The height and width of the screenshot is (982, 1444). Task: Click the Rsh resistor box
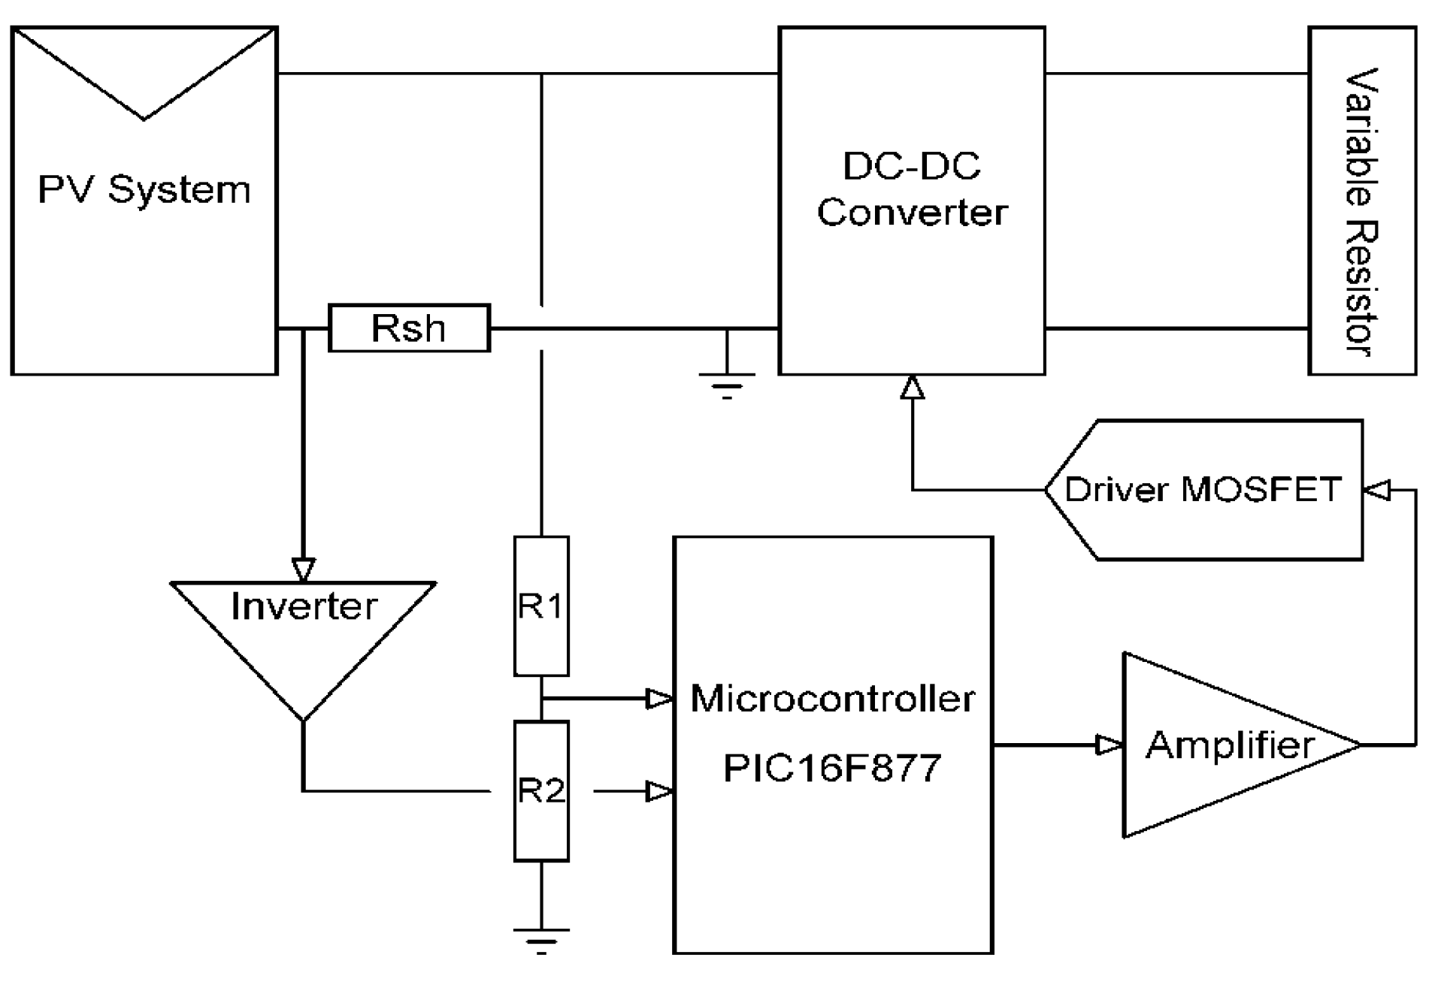[409, 328]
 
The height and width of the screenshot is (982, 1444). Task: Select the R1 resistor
[540, 606]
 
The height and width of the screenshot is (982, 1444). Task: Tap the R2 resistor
[540, 790]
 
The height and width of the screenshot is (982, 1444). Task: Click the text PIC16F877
[831, 768]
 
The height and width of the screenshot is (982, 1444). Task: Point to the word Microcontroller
[832, 699]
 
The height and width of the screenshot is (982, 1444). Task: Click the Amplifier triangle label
[1229, 745]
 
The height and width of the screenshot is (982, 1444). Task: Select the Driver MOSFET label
[1203, 490]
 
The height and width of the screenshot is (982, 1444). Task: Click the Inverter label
[303, 606]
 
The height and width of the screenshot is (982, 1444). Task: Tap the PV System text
[144, 189]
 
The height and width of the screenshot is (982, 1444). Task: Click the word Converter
[911, 213]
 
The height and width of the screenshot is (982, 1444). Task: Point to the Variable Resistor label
[1361, 212]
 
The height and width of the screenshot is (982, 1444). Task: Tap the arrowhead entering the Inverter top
[303, 570]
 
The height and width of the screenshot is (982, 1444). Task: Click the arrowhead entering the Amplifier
[1109, 745]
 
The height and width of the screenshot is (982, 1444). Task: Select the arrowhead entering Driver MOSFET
[1377, 490]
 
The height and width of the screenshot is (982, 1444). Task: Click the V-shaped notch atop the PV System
[144, 116]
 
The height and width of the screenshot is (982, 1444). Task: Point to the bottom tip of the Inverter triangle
[303, 719]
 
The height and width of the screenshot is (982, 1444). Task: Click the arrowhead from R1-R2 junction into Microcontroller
[659, 699]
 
